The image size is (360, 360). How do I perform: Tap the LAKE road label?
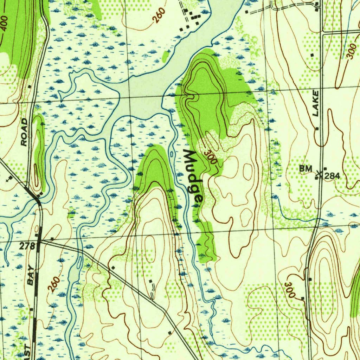click(316, 103)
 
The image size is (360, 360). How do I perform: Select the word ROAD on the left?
click(24, 132)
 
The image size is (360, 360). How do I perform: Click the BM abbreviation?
click(306, 169)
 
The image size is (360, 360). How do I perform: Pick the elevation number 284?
click(332, 176)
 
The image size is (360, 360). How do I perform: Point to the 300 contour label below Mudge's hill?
click(211, 158)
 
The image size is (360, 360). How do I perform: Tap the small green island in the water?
click(165, 56)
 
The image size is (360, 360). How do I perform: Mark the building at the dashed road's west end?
click(246, 12)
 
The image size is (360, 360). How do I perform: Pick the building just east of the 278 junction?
click(52, 239)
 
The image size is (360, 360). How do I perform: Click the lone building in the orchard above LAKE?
click(312, 55)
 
